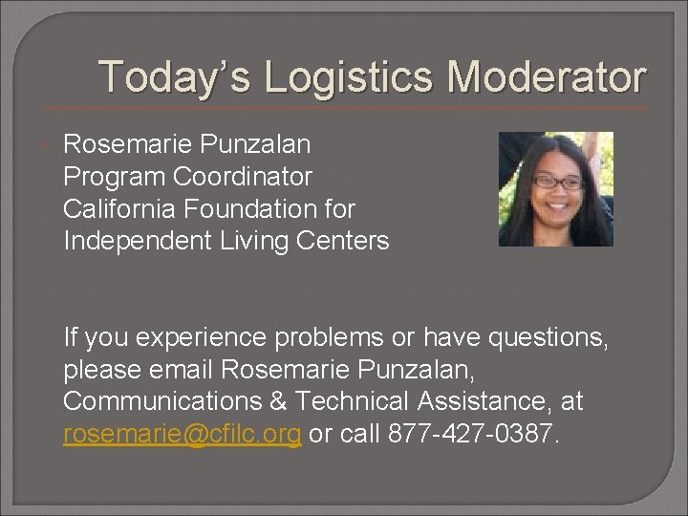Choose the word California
[x=115, y=209]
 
